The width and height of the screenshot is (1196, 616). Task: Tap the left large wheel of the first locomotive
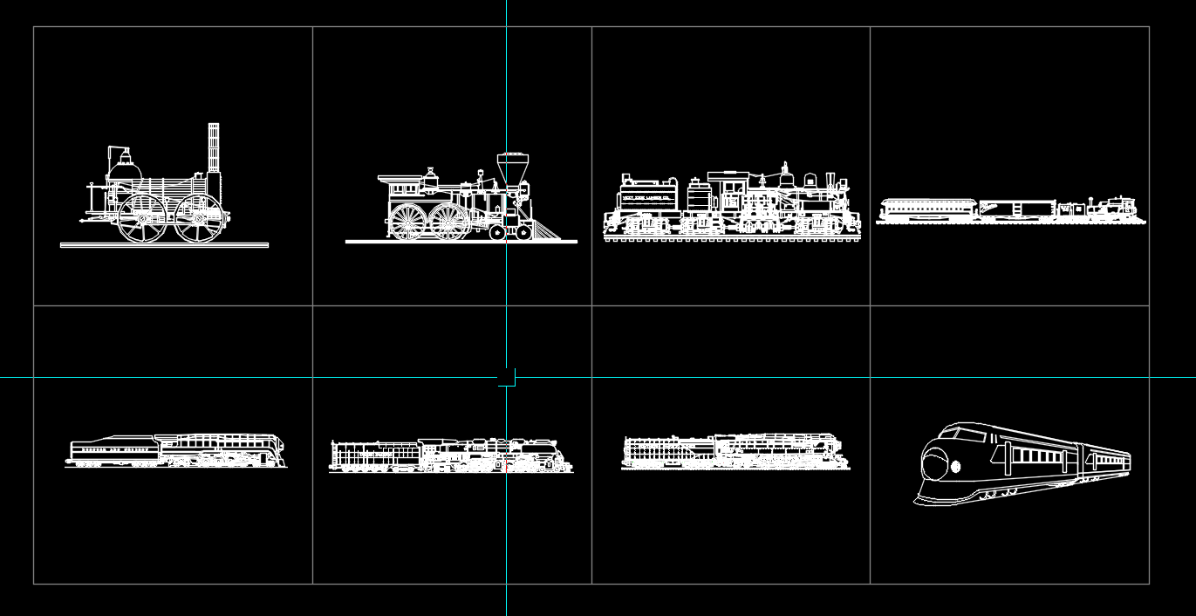click(142, 217)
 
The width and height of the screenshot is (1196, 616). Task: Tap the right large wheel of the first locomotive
click(199, 217)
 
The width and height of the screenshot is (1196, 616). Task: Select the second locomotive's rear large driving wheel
click(407, 221)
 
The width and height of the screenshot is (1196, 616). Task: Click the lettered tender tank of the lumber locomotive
click(649, 196)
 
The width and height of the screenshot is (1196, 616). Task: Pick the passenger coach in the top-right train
click(927, 209)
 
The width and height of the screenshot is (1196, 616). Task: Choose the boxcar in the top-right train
click(1015, 209)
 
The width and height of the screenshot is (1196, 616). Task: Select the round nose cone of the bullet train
click(935, 464)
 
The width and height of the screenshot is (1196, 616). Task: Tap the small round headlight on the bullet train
click(956, 467)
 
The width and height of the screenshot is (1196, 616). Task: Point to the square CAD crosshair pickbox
click(506, 377)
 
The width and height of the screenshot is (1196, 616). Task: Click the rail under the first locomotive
click(164, 245)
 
